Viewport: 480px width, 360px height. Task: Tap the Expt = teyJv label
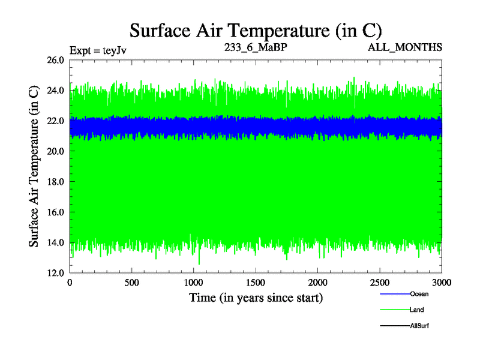(98, 50)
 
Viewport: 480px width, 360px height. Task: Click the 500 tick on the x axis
(132, 283)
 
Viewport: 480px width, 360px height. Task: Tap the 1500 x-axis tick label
(256, 283)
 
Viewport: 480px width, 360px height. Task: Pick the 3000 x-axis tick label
(442, 283)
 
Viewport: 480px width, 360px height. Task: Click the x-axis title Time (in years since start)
(256, 297)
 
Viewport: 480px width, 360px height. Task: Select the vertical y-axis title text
(35, 166)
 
